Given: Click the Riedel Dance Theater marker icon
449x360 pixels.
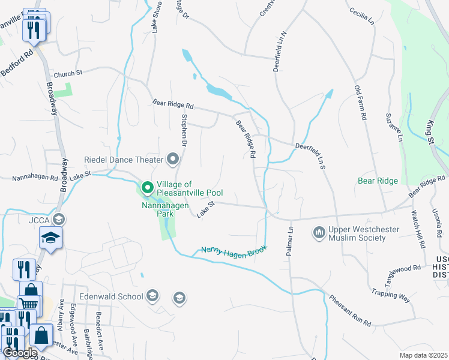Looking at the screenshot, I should (173, 160).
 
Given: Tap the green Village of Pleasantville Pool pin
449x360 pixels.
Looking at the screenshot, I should (148, 188).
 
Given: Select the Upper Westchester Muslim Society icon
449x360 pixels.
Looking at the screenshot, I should (319, 232).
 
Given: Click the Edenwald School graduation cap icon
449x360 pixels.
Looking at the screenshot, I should (152, 296).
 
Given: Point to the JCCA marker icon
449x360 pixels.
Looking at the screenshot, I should (59, 218).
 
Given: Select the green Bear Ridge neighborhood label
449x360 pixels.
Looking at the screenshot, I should (378, 181).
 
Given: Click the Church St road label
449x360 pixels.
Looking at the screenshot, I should (67, 74).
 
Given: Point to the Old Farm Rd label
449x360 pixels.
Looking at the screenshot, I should (360, 103).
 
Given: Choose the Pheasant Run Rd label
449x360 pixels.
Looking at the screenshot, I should (350, 311).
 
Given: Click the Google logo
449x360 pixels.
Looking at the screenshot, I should (20, 353).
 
